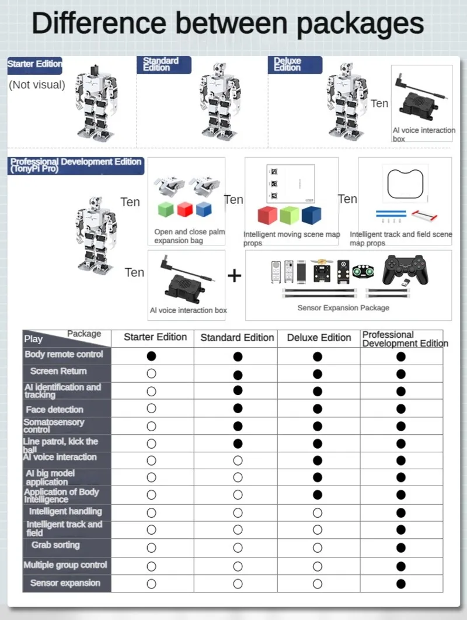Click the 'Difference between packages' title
[x=228, y=25]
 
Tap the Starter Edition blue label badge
[x=34, y=64]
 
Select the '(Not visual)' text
[x=37, y=85]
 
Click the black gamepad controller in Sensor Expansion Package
[x=411, y=271]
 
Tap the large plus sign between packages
[x=234, y=275]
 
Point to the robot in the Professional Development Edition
[x=95, y=234]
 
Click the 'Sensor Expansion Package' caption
[x=343, y=308]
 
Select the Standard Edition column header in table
[x=237, y=338]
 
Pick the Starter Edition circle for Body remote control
[x=152, y=355]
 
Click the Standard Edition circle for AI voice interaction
[x=238, y=460]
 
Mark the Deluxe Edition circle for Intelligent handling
[x=318, y=512]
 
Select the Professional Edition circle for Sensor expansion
[x=401, y=583]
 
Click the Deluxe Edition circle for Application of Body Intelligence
[x=318, y=495]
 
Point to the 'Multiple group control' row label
[x=65, y=565]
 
